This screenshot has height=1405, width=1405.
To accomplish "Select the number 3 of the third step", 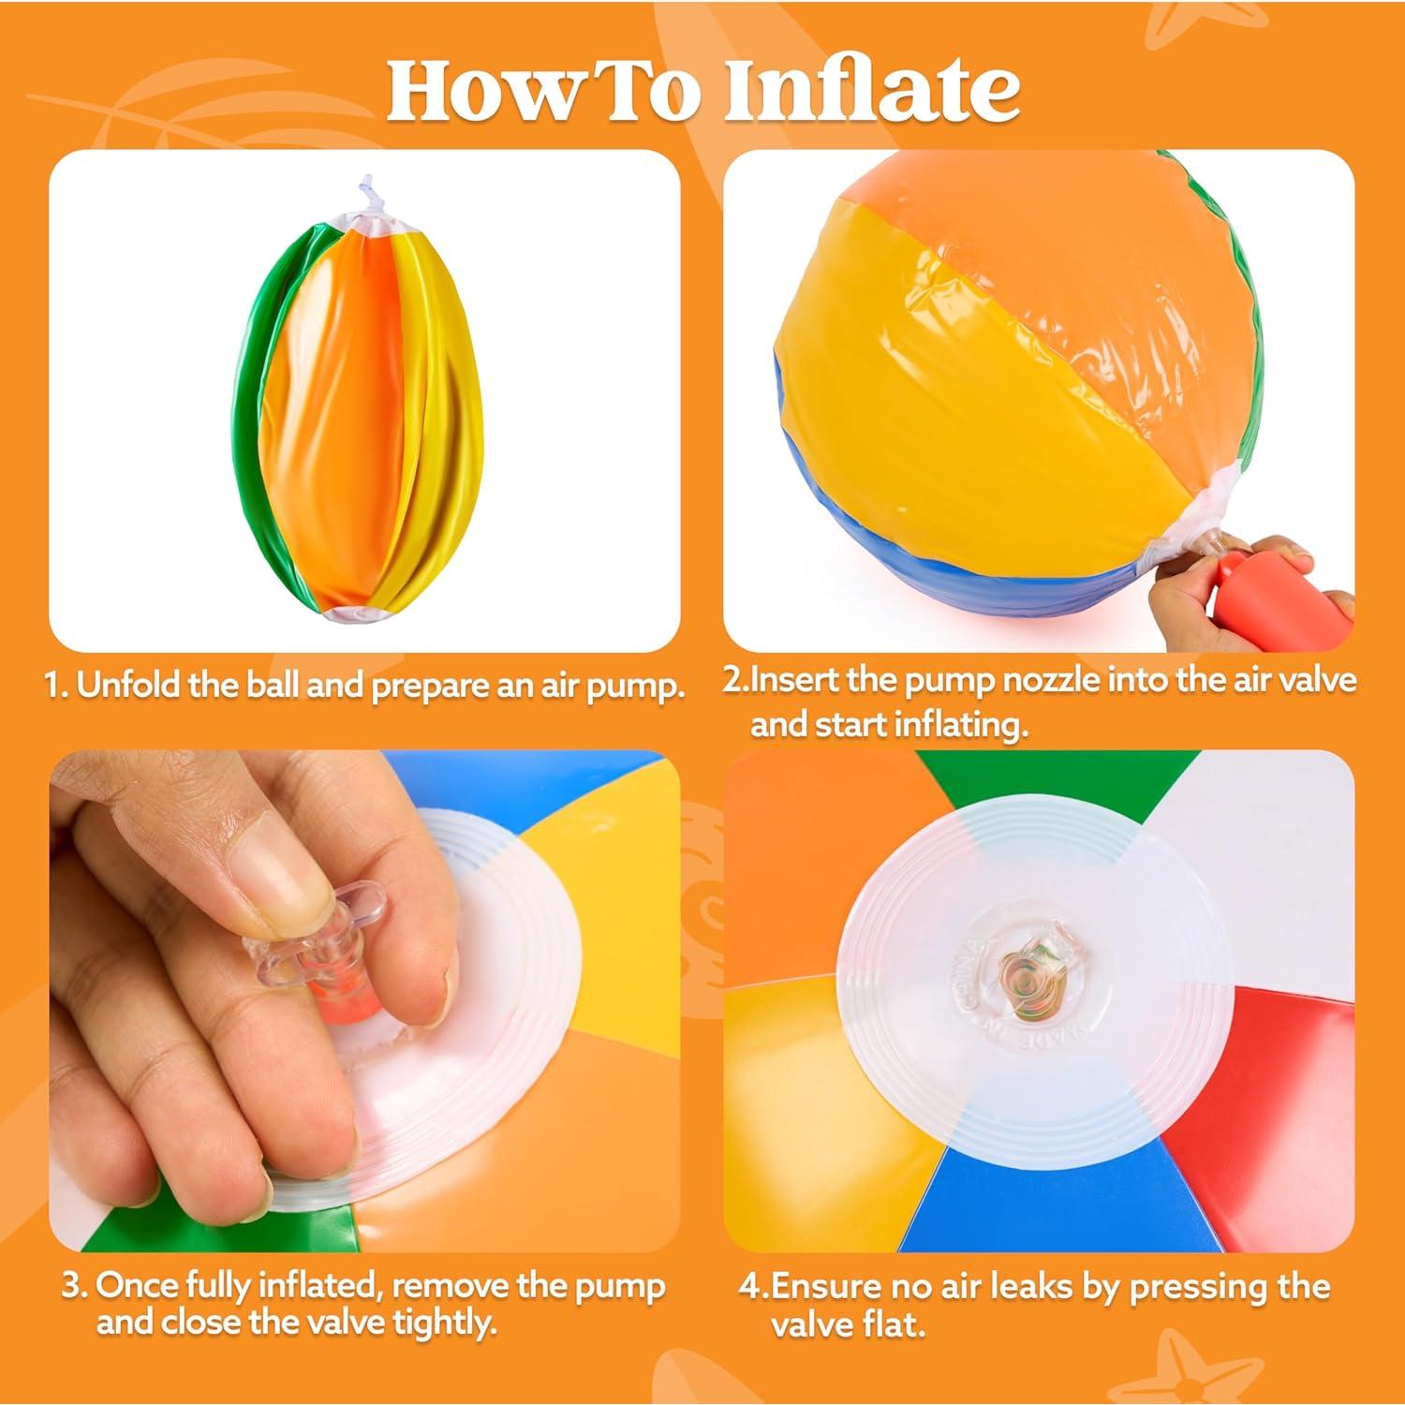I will [72, 1287].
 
